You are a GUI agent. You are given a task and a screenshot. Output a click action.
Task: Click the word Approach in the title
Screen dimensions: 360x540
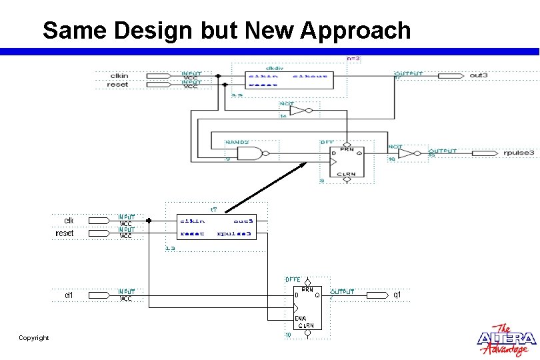(x=355, y=31)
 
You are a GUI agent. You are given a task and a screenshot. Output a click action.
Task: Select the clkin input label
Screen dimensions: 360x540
(x=119, y=76)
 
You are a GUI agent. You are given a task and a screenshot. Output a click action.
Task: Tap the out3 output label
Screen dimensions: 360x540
(x=479, y=75)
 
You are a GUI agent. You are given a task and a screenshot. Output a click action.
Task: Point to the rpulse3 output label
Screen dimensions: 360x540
(x=518, y=153)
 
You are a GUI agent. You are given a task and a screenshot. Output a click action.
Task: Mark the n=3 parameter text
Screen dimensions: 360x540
(x=353, y=59)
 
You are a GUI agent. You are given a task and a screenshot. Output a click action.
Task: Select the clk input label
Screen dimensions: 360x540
(x=69, y=220)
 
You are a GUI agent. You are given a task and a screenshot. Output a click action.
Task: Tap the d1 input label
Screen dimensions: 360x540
(x=69, y=294)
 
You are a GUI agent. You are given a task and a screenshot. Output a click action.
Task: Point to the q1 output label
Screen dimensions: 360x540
(x=397, y=294)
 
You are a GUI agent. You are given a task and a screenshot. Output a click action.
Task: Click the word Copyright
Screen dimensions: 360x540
(x=34, y=338)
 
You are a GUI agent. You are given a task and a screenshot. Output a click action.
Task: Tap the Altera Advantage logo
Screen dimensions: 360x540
(x=506, y=340)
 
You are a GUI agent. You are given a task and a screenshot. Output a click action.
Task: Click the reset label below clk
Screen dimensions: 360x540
(x=65, y=233)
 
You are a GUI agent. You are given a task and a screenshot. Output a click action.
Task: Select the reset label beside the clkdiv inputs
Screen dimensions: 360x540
(x=117, y=85)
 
